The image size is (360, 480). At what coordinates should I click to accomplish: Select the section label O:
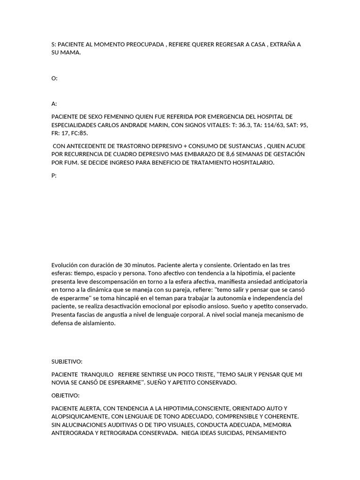(x=54, y=78)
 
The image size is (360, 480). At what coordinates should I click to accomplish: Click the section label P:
(x=54, y=176)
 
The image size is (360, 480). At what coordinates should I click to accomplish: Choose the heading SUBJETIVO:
(x=67, y=362)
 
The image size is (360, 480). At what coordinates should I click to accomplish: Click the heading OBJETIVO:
(x=65, y=396)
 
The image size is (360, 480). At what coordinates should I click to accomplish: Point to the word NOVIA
(x=60, y=382)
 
